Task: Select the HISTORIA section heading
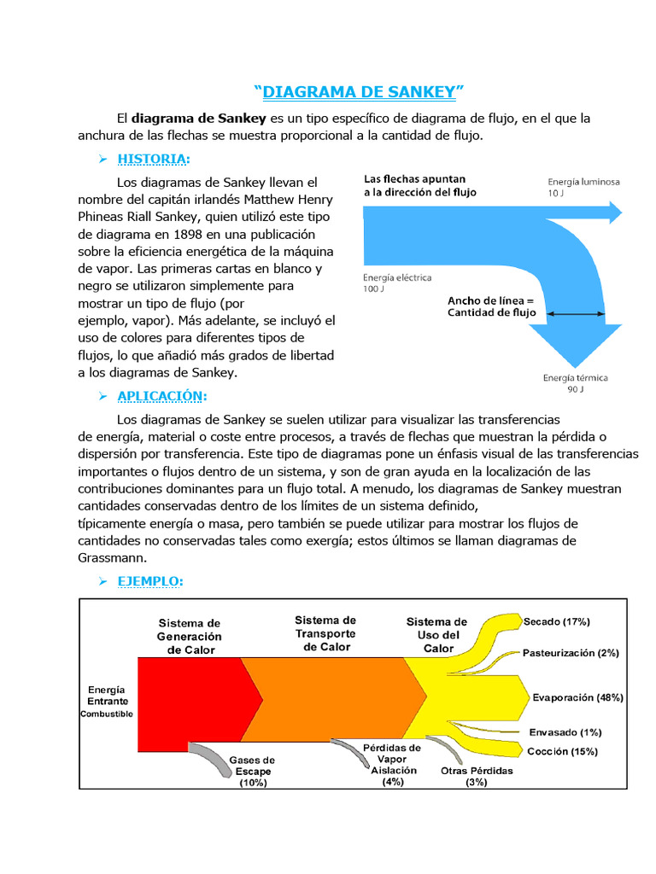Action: [x=154, y=160]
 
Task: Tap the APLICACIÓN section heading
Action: [x=161, y=396]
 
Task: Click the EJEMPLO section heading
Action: [x=149, y=581]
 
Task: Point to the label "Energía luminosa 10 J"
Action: [x=583, y=188]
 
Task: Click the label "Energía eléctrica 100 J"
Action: [x=397, y=283]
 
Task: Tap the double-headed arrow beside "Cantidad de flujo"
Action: [x=575, y=314]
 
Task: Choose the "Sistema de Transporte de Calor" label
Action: [x=325, y=633]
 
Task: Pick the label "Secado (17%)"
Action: [x=556, y=621]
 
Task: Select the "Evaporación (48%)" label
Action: [x=577, y=697]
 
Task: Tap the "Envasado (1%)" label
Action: [x=565, y=732]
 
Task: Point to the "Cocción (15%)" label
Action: [x=562, y=752]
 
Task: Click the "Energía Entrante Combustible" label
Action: [x=107, y=702]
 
